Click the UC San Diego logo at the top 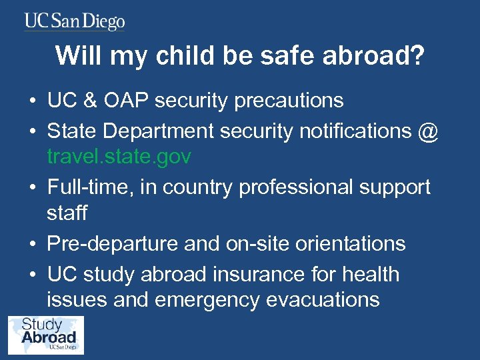(x=75, y=21)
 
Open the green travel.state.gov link (x=119, y=157)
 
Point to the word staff (x=67, y=213)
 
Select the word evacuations (x=323, y=300)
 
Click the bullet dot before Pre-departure (x=31, y=245)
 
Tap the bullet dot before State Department (x=31, y=132)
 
